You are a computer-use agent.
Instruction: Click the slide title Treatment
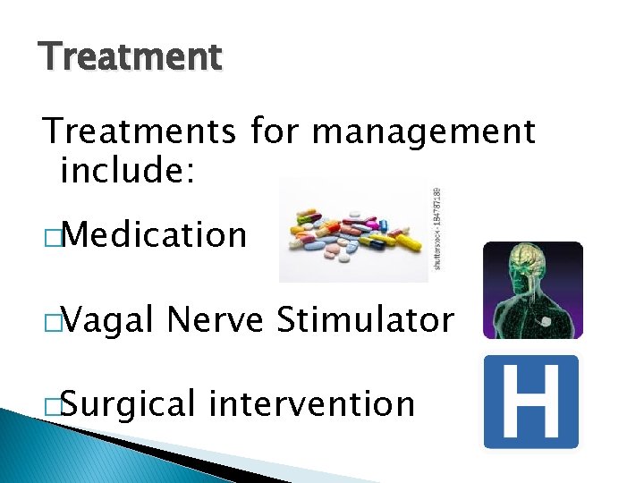pyautogui.click(x=131, y=57)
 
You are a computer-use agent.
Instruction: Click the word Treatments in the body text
pyautogui.click(x=139, y=131)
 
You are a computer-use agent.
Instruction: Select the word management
pyautogui.click(x=423, y=131)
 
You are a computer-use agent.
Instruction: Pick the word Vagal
pyautogui.click(x=106, y=319)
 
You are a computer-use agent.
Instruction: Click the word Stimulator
pyautogui.click(x=365, y=319)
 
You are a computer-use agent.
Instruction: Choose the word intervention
pyautogui.click(x=311, y=403)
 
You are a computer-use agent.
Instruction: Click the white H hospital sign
pyautogui.click(x=531, y=402)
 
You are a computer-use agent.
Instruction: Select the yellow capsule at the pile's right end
pyautogui.click(x=408, y=241)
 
